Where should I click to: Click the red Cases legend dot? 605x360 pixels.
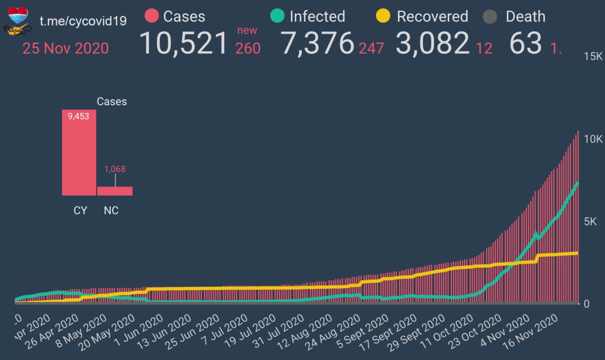(x=151, y=17)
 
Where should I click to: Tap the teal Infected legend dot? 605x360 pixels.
(x=277, y=17)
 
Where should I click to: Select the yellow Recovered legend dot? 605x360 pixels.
(x=383, y=17)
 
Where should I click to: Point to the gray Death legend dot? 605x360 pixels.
(x=490, y=17)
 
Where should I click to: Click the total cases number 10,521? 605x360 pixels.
(x=184, y=43)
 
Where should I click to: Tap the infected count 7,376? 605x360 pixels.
(x=317, y=43)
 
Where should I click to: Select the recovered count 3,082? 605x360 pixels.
(x=432, y=43)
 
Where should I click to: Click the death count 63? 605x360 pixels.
(x=525, y=43)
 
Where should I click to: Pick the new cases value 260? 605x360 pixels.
(x=248, y=48)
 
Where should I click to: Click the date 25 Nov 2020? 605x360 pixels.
(x=66, y=48)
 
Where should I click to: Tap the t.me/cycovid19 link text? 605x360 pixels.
(x=83, y=21)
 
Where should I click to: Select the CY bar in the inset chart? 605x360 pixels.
(x=79, y=152)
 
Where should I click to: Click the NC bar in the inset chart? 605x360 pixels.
(x=115, y=190)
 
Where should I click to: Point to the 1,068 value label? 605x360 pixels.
(x=115, y=169)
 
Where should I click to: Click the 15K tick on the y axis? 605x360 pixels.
(x=593, y=57)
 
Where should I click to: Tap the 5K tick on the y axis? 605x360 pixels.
(x=593, y=222)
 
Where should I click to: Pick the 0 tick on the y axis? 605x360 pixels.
(x=586, y=304)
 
